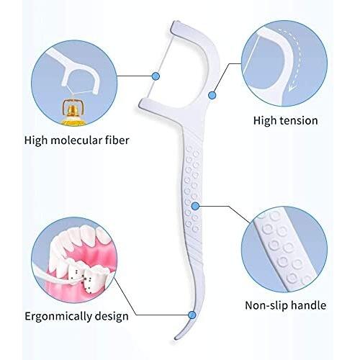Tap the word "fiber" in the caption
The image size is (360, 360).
coord(117,140)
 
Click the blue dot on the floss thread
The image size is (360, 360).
coord(156,76)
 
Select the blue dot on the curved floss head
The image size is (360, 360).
coord(212,95)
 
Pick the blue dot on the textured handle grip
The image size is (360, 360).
coord(195,206)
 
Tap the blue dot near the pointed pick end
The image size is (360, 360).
coord(192,315)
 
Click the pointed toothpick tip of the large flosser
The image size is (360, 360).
coord(176,338)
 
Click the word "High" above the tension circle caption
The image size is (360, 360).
coord(265,120)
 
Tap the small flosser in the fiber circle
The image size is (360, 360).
coord(74,72)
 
